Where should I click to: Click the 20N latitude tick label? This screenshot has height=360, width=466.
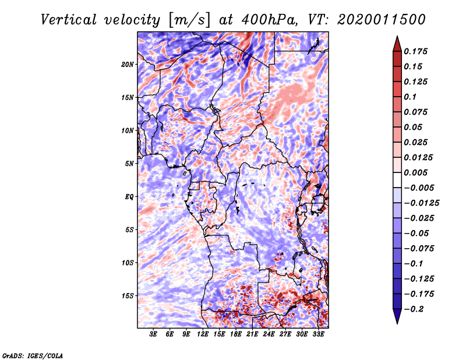click(x=128, y=64)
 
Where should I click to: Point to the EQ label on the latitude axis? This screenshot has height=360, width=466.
click(x=129, y=197)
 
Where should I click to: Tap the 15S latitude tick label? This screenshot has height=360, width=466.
click(x=128, y=296)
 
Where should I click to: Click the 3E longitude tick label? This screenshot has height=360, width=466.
click(x=154, y=335)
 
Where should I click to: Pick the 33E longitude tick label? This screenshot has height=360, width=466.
click(x=318, y=335)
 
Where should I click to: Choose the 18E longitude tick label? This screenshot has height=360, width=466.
click(x=236, y=335)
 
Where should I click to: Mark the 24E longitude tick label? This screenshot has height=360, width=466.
click(x=269, y=335)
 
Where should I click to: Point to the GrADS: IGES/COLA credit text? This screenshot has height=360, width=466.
click(x=32, y=355)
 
